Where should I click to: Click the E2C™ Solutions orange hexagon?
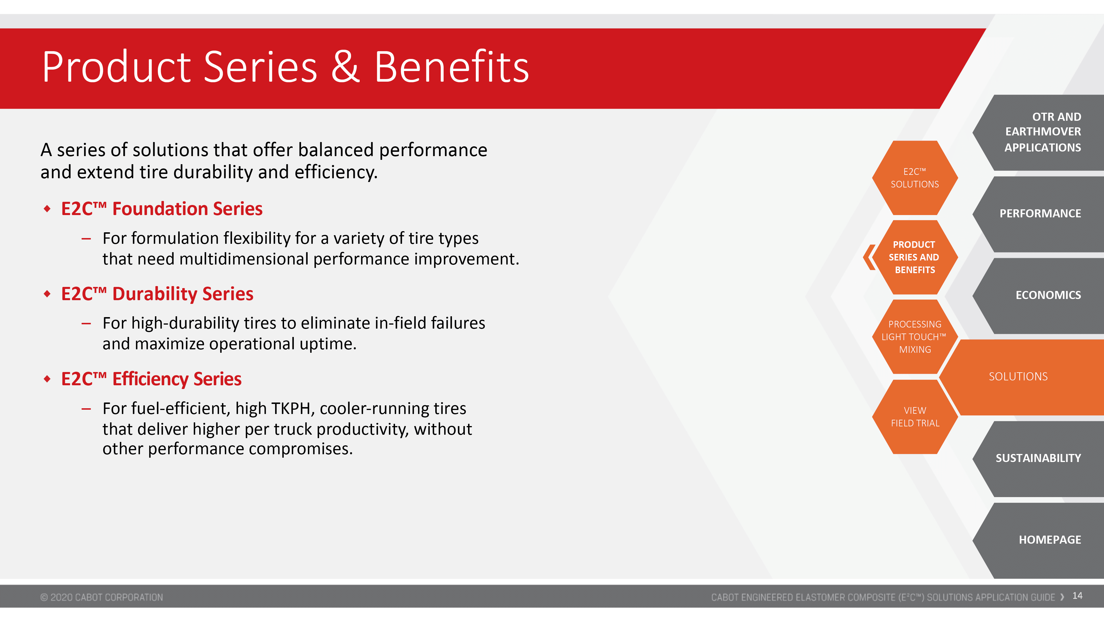915,178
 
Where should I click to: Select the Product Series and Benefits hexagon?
915,257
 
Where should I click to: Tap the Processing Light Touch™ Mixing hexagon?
915,337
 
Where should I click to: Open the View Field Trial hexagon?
915,417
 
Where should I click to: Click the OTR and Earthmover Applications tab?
1039,133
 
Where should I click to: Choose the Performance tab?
1039,214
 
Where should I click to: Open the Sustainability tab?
1039,459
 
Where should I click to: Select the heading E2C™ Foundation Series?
162,209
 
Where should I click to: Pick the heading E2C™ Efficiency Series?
151,379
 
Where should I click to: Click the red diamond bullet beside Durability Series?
47,294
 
